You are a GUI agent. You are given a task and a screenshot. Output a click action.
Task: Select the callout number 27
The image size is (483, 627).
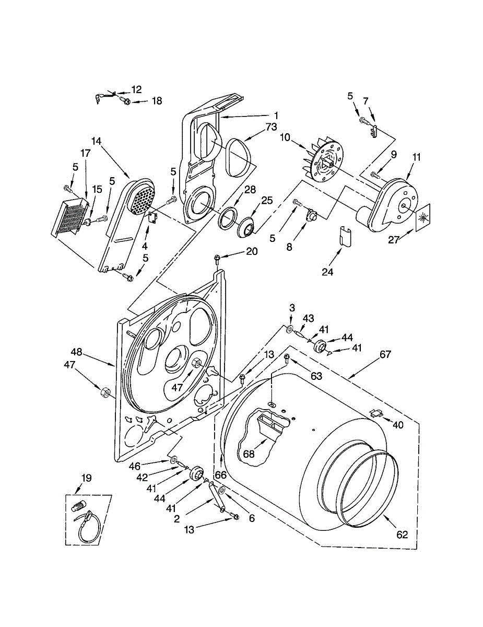(x=396, y=240)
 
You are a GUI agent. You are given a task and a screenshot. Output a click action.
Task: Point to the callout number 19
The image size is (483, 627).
(x=86, y=477)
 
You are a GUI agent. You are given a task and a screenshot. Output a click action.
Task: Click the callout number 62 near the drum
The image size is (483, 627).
(x=402, y=535)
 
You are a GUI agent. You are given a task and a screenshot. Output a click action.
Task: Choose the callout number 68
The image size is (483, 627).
(x=249, y=454)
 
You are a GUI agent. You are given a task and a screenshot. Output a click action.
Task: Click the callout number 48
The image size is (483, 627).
(x=77, y=352)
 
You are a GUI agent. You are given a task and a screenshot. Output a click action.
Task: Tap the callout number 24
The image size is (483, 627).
(x=328, y=271)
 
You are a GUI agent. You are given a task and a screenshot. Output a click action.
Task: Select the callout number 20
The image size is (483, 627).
(x=252, y=251)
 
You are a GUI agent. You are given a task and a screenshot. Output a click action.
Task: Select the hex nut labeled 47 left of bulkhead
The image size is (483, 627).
(x=103, y=391)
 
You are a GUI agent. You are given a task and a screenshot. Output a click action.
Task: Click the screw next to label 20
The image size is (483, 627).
(x=217, y=257)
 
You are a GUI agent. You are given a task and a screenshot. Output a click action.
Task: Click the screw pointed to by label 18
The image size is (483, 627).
(x=125, y=101)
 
